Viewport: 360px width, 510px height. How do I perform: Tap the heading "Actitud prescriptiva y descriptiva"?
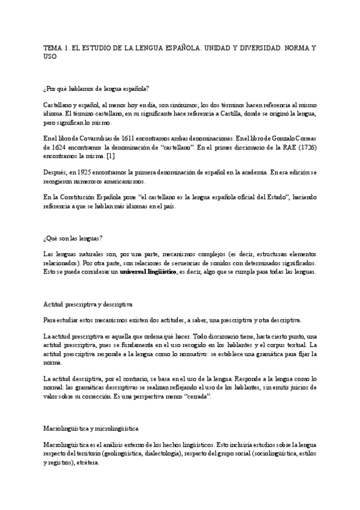tap(88, 304)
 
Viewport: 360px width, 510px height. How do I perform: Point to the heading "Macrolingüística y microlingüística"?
tap(91, 412)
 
